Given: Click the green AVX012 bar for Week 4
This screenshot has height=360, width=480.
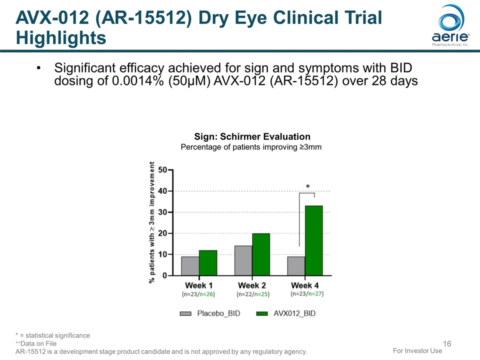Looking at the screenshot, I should pos(313,240).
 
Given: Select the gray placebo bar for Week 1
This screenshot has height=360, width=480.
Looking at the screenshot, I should pos(190,265).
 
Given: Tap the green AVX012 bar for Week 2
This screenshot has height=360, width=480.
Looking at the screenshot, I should pos(261,254).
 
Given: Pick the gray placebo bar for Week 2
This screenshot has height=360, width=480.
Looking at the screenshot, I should pos(243,260).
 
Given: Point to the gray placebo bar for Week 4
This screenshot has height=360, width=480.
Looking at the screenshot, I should pos(296,265).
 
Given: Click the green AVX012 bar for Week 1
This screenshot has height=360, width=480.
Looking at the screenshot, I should pos(208,262).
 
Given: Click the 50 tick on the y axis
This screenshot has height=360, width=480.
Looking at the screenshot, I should pos(163,170).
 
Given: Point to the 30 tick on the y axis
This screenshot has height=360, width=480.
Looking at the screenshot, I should pos(163,212).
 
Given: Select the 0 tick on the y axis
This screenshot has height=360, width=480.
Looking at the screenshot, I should pos(165,275).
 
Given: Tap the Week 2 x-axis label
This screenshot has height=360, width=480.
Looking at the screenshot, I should pos(252,285).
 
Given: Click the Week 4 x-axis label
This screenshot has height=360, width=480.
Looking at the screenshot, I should pos(305,285).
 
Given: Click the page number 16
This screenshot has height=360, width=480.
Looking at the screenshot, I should pos(447,343).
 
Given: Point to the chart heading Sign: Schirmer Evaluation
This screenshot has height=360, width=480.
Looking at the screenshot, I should pos(252,136).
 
